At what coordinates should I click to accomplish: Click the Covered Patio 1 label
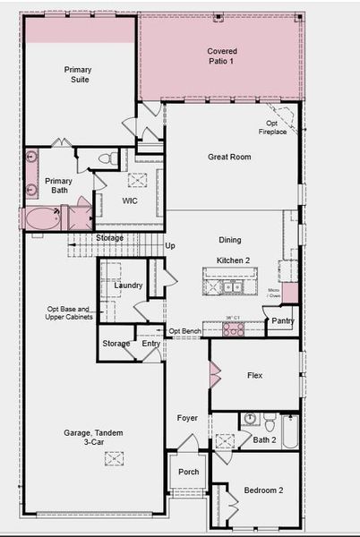point(222,57)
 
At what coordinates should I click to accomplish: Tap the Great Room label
point(229,157)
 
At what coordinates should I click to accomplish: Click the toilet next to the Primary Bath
point(104,159)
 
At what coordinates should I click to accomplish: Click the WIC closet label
point(130,200)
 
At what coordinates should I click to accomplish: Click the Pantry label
point(283,320)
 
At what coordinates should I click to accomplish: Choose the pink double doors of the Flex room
point(215,375)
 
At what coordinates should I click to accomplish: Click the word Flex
point(254,375)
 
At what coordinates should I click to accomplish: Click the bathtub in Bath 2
point(290,431)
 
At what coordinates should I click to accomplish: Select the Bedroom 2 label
point(263,490)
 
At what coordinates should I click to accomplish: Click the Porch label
point(189,472)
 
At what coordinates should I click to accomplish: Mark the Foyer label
point(187,418)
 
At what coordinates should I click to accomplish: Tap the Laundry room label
point(129,286)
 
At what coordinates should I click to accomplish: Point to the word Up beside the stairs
point(170,245)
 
